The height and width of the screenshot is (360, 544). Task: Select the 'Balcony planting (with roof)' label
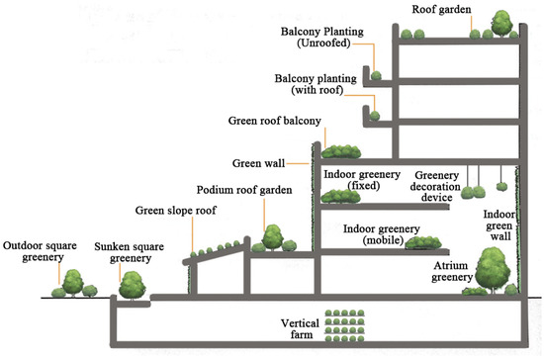pyautogui.click(x=311, y=84)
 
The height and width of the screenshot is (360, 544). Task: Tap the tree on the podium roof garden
pyautogui.click(x=270, y=237)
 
